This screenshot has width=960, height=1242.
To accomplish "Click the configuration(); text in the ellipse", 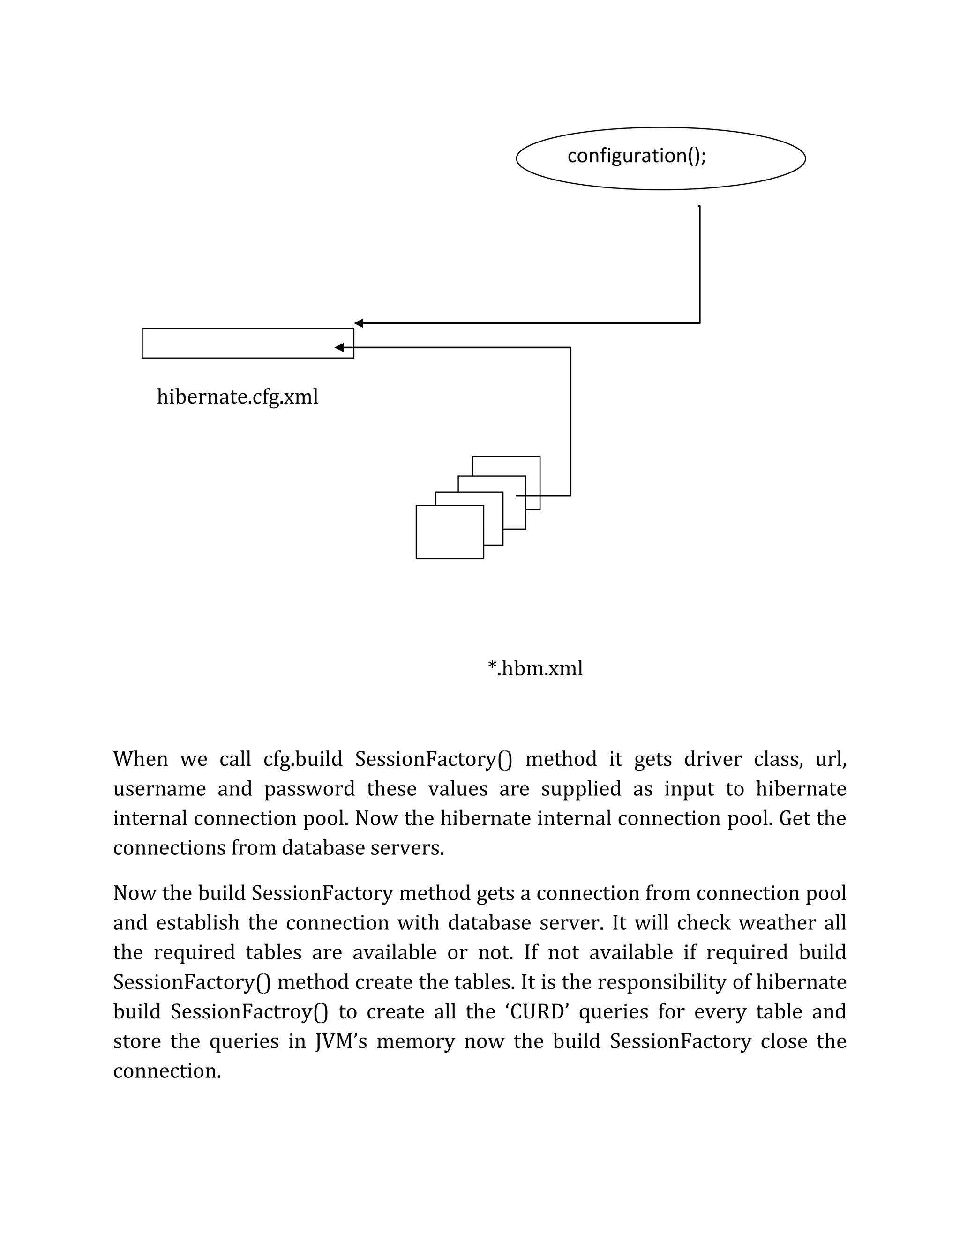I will pyautogui.click(x=637, y=156).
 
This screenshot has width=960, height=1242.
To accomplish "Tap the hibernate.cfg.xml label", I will pyautogui.click(x=237, y=397).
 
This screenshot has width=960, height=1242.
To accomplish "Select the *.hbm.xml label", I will pyautogui.click(x=535, y=668).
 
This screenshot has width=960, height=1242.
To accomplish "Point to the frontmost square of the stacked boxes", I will pyautogui.click(x=449, y=532).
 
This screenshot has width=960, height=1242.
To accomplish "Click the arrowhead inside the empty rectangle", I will pyautogui.click(x=339, y=347).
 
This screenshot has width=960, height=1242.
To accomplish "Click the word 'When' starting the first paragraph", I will pyautogui.click(x=141, y=759).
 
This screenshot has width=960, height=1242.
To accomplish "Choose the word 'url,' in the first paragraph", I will pyautogui.click(x=830, y=759).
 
